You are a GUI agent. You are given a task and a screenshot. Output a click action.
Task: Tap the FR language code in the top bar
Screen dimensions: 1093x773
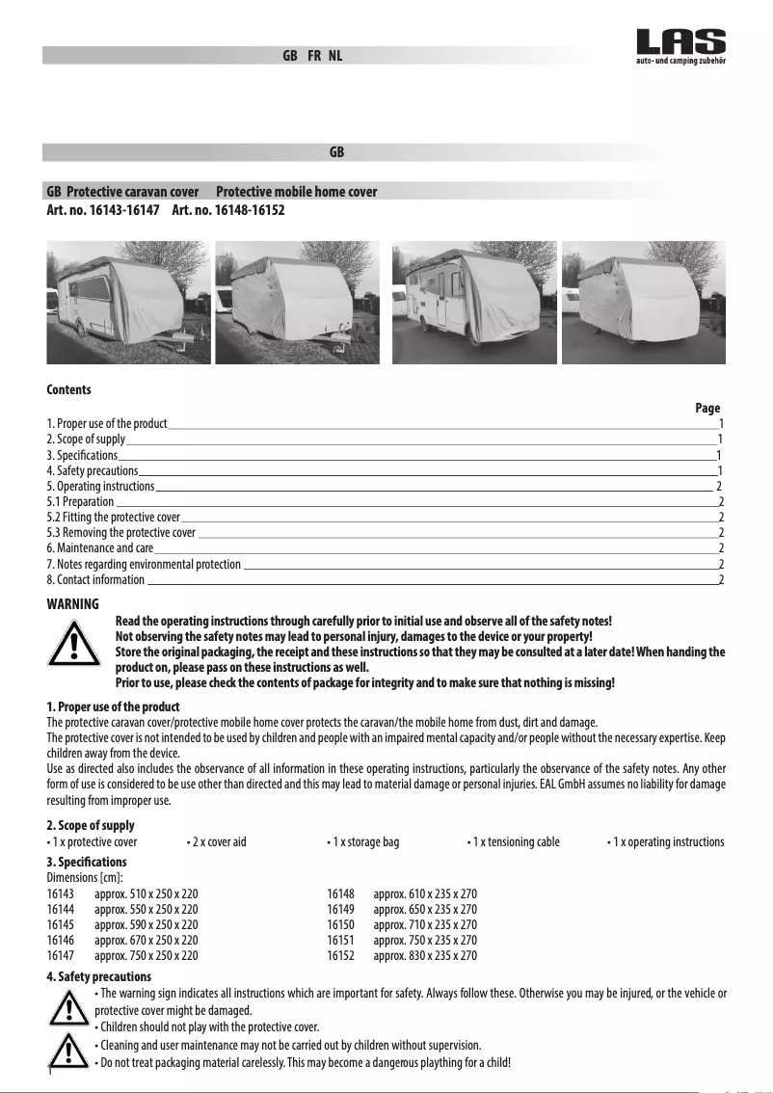314,56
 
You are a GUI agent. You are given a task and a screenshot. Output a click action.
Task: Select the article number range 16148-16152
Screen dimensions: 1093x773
227,209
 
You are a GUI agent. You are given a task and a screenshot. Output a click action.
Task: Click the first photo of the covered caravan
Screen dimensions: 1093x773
128,302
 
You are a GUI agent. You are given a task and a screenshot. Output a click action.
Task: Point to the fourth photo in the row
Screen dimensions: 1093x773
644,302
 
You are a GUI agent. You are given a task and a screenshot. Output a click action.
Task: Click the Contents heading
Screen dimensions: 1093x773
69,390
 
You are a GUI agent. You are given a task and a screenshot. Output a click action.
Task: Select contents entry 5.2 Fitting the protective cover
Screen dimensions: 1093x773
114,518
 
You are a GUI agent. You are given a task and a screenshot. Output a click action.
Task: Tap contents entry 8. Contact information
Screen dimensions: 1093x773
95,580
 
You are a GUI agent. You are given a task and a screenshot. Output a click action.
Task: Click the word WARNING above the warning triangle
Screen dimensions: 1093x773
73,604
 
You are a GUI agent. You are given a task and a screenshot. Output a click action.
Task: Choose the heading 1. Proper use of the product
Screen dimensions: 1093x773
113,707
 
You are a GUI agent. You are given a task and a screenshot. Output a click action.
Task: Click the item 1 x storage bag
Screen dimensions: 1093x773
362,842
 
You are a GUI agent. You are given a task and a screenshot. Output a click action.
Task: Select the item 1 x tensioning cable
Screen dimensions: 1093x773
513,842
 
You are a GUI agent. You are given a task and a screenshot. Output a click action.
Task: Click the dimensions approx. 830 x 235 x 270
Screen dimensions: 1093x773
425,956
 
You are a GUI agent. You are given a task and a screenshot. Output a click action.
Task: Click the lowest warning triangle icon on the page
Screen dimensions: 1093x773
68,1048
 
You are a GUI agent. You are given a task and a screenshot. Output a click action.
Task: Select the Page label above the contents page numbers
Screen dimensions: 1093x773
707,409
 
